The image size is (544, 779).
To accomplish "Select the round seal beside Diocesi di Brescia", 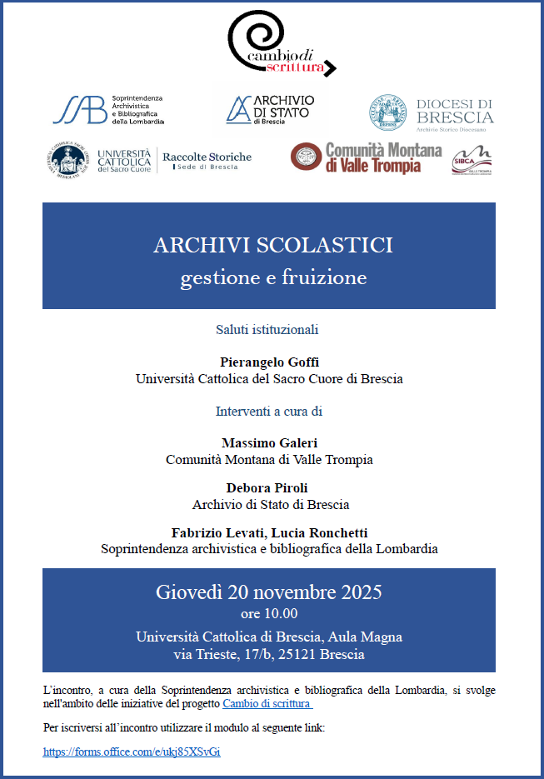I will (389, 112).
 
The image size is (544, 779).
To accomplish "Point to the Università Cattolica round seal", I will (68, 158).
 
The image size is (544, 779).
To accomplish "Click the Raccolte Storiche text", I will (207, 157).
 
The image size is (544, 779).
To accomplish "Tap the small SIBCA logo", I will (471, 161).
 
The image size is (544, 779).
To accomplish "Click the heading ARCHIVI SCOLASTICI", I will (272, 245).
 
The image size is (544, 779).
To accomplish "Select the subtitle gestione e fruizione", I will (272, 277).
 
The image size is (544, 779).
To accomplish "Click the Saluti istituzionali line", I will (267, 329).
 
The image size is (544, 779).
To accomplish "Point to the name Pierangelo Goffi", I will (269, 362).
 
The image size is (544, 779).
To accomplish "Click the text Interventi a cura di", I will (268, 411).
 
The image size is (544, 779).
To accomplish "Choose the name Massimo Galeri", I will (269, 442).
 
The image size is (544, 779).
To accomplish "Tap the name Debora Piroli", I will (270, 487).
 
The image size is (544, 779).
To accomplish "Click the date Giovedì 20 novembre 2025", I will (268, 592).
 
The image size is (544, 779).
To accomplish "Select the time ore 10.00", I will (268, 615).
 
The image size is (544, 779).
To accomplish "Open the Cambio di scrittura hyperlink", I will (267, 703).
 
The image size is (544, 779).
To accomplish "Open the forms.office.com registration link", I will (132, 752).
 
